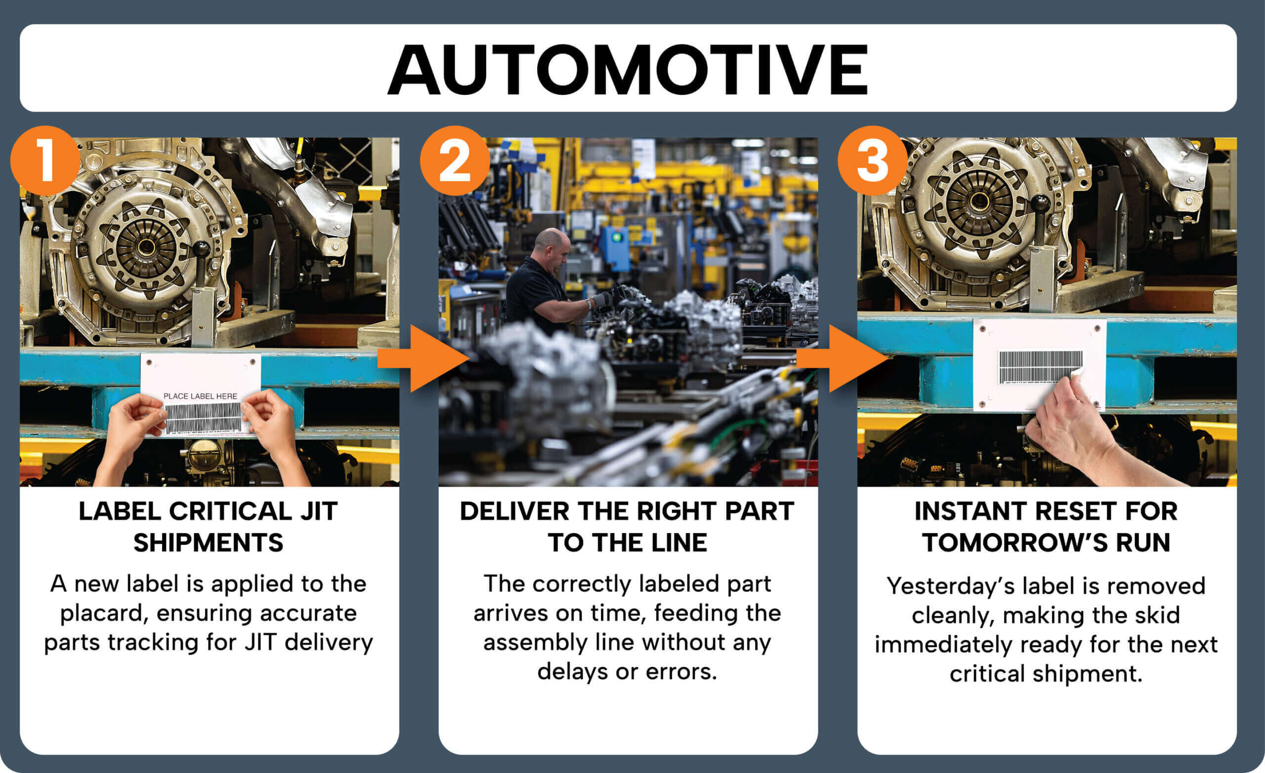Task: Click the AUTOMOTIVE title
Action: click(x=628, y=70)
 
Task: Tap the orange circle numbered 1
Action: click(x=45, y=161)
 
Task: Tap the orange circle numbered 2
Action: click(x=455, y=161)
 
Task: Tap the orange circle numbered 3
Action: click(x=873, y=161)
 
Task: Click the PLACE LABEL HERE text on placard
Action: click(x=200, y=396)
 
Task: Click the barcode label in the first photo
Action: click(x=203, y=418)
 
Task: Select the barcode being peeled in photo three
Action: click(x=1039, y=366)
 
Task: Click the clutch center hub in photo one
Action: click(x=144, y=248)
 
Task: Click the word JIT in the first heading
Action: click(x=318, y=511)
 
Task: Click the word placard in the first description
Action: click(x=101, y=614)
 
